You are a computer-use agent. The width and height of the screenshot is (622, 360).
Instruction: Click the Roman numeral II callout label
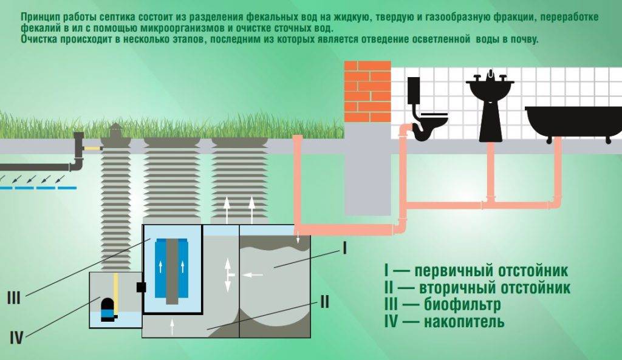tap(324, 302)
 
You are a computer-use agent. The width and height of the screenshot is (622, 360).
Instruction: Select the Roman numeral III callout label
tap(14, 298)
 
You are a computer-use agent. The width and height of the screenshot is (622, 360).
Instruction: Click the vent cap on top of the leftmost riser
tap(115, 129)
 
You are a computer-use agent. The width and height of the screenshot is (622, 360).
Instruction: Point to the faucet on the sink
tap(490, 76)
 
